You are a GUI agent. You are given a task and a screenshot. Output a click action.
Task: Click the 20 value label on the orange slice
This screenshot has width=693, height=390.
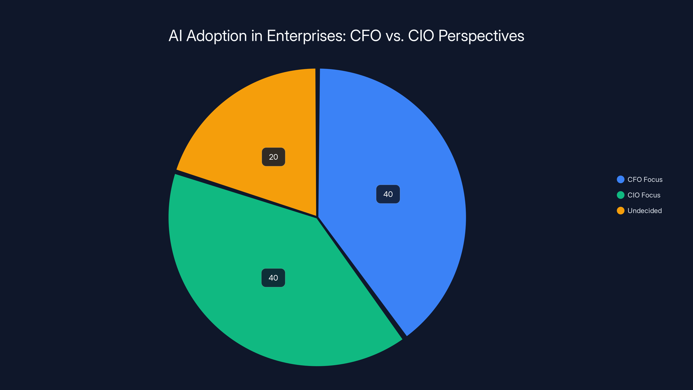[x=273, y=157]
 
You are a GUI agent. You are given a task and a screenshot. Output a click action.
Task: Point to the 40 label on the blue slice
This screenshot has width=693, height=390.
[x=388, y=194]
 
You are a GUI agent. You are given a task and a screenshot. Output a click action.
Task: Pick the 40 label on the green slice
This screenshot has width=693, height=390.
[x=273, y=278]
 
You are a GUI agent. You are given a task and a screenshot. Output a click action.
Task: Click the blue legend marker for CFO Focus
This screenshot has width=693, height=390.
[x=620, y=180]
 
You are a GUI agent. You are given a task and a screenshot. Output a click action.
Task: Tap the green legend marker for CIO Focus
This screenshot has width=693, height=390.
[x=620, y=195]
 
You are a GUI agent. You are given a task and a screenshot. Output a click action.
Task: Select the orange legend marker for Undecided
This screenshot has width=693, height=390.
[x=620, y=211]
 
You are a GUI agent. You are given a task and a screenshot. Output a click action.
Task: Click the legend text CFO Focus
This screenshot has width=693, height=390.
[x=645, y=180]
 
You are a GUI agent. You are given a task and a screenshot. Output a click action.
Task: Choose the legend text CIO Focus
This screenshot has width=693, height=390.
[x=644, y=195]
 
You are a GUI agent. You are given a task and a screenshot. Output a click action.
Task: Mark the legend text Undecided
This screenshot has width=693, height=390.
[x=644, y=211]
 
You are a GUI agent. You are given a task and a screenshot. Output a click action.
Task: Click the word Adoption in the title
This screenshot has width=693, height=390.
[x=217, y=36]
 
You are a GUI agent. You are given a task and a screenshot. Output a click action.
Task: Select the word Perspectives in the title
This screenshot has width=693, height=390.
[x=481, y=36]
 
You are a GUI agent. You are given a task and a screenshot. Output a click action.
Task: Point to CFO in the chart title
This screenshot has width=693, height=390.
[x=366, y=36]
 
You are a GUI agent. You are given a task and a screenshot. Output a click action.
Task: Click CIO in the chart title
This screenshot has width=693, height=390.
[x=421, y=36]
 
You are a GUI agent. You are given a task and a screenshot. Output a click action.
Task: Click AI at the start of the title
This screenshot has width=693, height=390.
[x=175, y=36]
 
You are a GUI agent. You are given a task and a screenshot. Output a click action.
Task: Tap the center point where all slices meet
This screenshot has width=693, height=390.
[x=317, y=217]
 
